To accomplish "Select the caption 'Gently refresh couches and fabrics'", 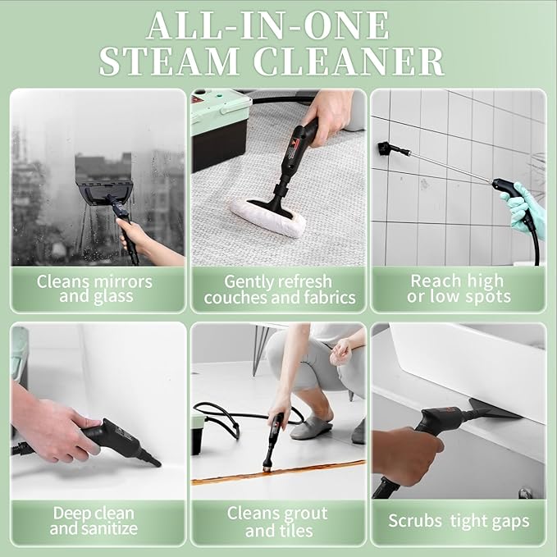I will pyautogui.click(x=279, y=289).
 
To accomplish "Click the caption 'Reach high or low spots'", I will pyautogui.click(x=459, y=289).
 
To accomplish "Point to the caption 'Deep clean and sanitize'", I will pyautogui.click(x=94, y=521).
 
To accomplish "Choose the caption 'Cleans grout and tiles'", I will pyautogui.click(x=278, y=521).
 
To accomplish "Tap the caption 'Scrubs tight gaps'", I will pyautogui.click(x=459, y=521).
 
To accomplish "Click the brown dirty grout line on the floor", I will pyautogui.click(x=279, y=471).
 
